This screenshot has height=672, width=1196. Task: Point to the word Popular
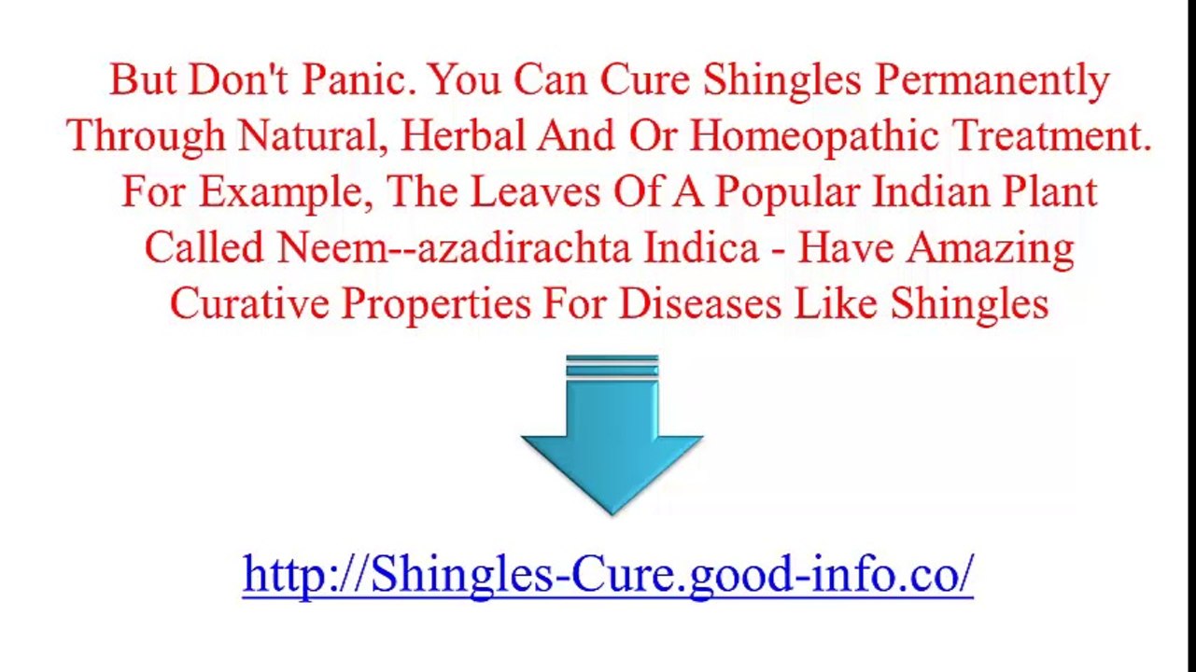783,193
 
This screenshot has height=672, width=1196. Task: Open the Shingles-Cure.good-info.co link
608,573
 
